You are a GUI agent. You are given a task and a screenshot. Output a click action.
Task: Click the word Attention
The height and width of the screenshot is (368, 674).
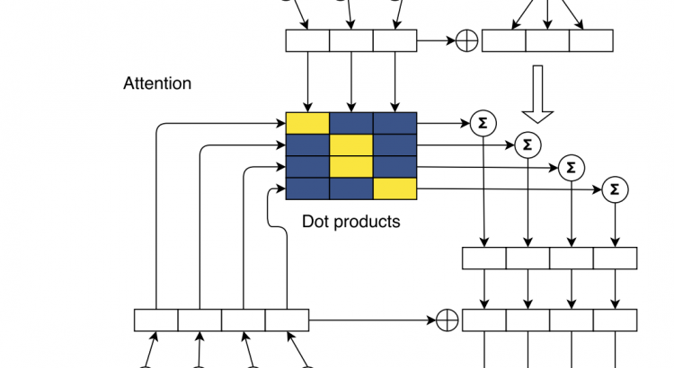click(x=157, y=83)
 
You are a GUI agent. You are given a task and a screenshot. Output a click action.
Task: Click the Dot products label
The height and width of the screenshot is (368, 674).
click(x=350, y=221)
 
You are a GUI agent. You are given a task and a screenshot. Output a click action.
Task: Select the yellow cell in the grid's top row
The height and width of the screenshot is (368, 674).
click(x=307, y=123)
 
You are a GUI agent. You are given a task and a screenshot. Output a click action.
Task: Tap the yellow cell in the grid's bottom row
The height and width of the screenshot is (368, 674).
click(x=395, y=188)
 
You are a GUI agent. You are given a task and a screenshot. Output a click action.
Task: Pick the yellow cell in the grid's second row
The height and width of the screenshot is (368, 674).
click(x=351, y=145)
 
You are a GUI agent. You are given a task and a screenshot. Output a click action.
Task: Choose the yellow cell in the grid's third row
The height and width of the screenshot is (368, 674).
click(x=351, y=167)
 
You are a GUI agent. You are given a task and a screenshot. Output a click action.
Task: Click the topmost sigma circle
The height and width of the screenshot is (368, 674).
click(x=483, y=123)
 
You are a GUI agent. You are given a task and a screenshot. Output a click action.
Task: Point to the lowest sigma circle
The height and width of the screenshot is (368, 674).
click(x=616, y=189)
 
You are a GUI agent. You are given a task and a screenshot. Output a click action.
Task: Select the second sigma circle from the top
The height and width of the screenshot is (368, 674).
click(x=528, y=145)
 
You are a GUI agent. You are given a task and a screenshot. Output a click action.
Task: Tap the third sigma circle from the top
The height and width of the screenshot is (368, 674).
click(x=571, y=167)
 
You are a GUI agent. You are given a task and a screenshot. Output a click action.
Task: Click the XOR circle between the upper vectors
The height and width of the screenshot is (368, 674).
click(x=466, y=41)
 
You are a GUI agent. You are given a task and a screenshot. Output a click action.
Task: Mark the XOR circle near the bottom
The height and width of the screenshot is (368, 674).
click(x=447, y=320)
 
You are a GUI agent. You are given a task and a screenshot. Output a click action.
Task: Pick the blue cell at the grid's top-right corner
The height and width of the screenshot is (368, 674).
click(x=395, y=123)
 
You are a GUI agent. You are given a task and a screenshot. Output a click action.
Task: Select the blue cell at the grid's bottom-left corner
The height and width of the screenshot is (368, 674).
click(x=307, y=188)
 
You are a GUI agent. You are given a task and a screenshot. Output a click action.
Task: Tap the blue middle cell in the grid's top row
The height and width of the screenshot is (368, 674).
click(x=351, y=123)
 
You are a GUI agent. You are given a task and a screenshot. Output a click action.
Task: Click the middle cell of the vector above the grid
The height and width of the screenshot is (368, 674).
click(x=351, y=41)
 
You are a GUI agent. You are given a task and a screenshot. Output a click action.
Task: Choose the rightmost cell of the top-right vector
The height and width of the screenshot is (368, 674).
click(x=591, y=41)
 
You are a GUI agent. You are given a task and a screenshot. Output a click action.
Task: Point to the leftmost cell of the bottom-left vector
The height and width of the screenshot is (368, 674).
click(x=156, y=320)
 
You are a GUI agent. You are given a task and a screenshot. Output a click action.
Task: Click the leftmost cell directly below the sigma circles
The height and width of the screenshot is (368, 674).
click(x=484, y=258)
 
